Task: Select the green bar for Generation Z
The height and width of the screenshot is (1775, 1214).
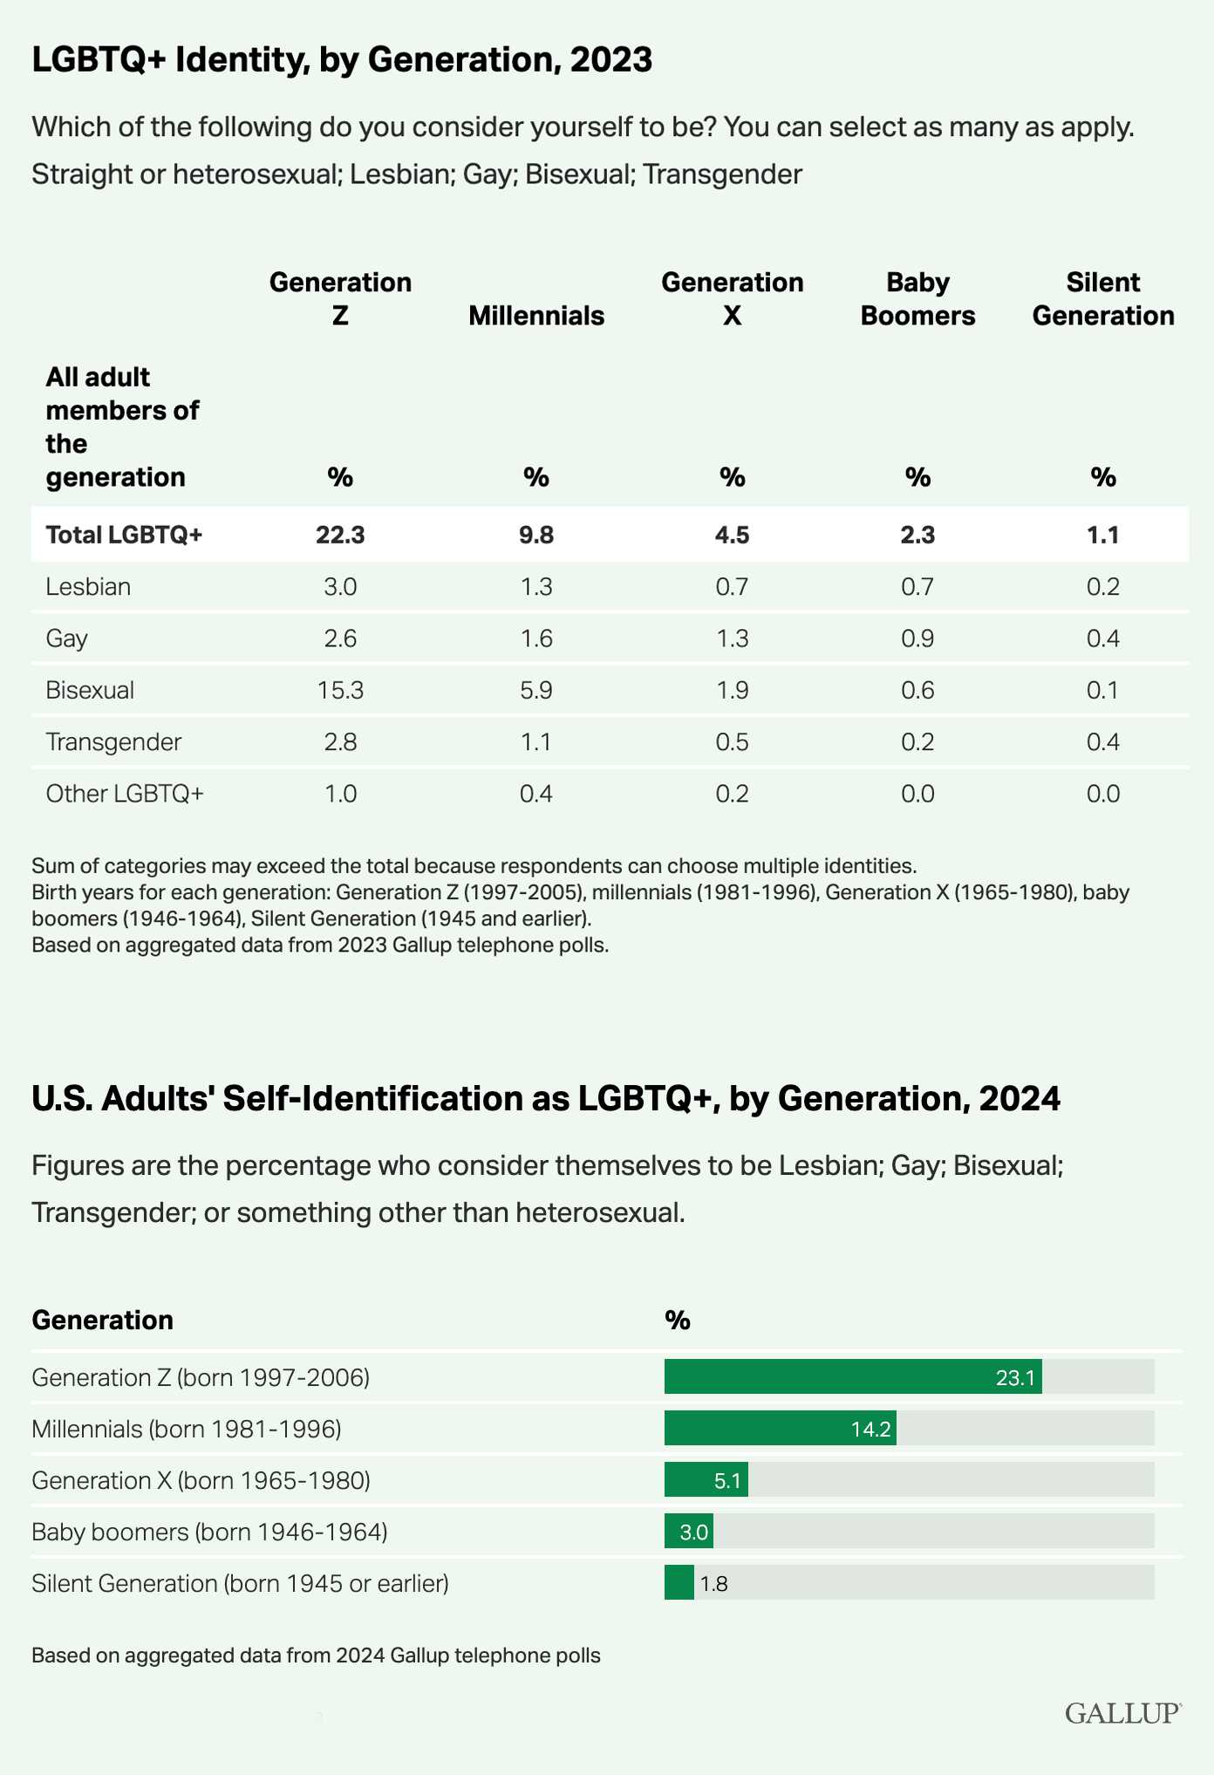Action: pos(853,1376)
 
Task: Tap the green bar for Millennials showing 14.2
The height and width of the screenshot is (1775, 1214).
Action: pos(781,1428)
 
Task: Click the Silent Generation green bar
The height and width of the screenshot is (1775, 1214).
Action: pos(679,1582)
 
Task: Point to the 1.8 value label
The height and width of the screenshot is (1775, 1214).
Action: pos(714,1583)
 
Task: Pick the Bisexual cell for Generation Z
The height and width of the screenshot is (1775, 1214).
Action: pos(340,690)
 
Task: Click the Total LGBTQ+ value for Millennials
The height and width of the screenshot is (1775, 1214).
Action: pos(536,534)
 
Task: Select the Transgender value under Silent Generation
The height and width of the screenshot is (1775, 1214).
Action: pos(1103,741)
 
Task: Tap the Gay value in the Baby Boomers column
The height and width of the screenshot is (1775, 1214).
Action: pos(917,638)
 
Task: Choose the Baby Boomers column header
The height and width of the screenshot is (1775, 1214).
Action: pos(917,298)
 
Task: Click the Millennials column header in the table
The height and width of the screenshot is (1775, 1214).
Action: pos(536,315)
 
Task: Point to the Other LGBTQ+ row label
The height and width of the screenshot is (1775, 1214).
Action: pos(125,793)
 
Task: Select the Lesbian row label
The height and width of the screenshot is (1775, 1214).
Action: pos(88,586)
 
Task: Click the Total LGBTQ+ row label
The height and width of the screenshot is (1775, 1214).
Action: pos(124,534)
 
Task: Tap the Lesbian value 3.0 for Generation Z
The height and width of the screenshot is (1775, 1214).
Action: pos(340,586)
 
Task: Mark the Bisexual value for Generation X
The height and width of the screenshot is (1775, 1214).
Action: pos(732,690)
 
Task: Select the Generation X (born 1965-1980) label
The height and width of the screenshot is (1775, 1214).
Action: pos(201,1480)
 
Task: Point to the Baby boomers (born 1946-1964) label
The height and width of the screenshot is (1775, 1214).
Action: pos(209,1532)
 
